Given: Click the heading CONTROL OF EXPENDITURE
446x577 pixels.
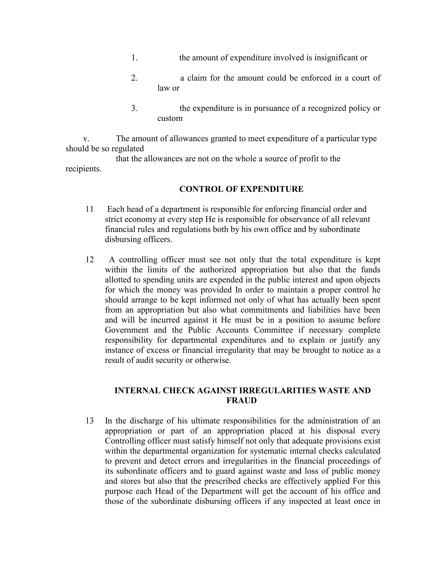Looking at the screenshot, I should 241,189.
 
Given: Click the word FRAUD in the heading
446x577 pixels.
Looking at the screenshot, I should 241,400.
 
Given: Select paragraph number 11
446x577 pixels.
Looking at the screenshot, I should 90,209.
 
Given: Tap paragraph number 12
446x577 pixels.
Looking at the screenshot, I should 90,260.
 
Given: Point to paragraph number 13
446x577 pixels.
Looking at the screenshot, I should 90,421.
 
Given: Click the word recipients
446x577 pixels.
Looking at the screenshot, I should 83,169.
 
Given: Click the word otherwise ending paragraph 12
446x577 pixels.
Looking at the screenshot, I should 213,360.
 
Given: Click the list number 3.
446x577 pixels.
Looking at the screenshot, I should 134,108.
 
